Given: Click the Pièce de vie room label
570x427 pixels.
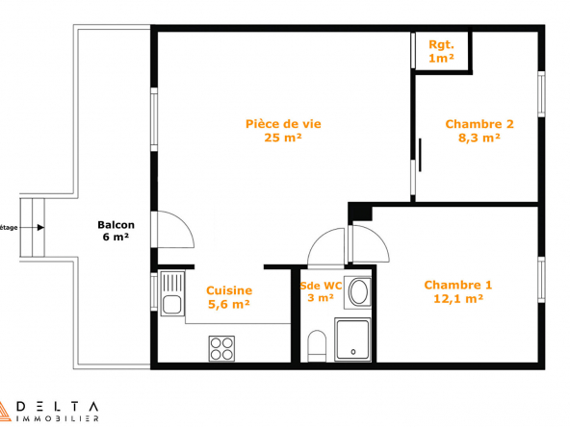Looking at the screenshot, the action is [283, 131].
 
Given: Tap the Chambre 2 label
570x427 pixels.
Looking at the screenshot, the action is [479, 131].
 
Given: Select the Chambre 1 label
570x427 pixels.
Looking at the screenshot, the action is [458, 291].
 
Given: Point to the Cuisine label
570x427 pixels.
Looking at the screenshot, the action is [229, 297].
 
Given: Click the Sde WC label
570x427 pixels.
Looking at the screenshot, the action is [321, 291].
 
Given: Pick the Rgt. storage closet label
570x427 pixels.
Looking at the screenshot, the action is [441, 51].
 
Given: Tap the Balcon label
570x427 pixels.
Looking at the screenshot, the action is [116, 231].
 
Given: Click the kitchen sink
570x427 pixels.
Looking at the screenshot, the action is [172, 293].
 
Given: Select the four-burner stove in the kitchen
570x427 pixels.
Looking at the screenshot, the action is [221, 348].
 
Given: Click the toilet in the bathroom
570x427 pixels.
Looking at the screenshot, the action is [317, 346].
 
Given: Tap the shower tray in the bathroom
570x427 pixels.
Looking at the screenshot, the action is [352, 339].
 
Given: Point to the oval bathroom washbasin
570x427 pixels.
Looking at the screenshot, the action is [359, 291].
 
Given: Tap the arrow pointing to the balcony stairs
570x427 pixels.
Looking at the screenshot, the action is [31, 228].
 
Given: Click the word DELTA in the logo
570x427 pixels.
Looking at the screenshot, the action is [58, 406].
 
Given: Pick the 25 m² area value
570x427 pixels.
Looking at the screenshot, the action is [283, 138].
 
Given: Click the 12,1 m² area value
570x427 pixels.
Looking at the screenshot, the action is [458, 298].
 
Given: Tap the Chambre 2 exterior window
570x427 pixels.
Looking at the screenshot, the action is [541, 94].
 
